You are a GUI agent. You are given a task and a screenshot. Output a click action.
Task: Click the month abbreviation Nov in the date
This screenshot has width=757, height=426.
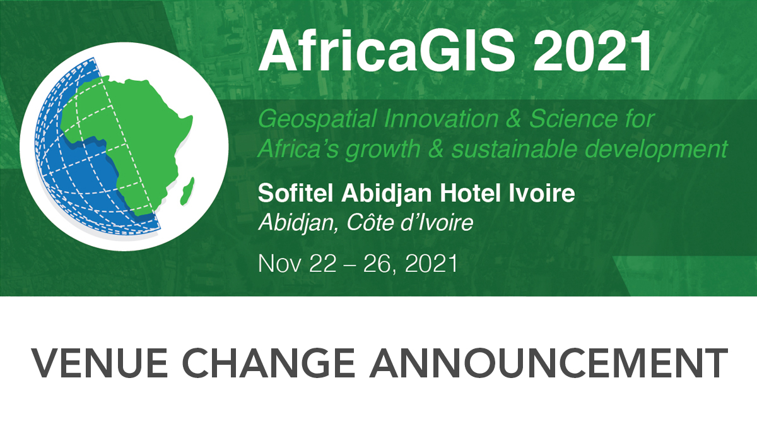pos(278,264)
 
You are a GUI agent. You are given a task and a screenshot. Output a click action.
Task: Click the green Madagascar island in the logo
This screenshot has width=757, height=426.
pos(187,191)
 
